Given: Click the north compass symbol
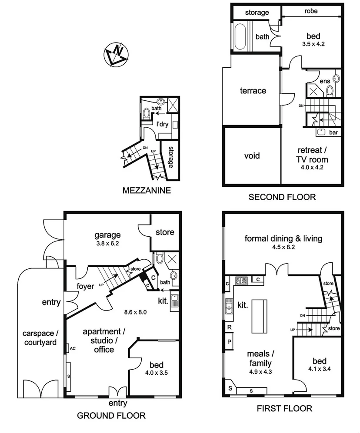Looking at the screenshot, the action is [x=115, y=54].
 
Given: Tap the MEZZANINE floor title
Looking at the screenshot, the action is [x=147, y=190].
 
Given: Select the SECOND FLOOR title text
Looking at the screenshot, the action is [x=282, y=197].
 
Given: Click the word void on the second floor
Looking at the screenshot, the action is [x=252, y=155].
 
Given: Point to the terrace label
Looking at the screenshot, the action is [x=253, y=91].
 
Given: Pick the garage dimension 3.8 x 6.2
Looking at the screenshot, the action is [x=107, y=244].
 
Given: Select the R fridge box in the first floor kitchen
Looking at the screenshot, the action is [x=229, y=327].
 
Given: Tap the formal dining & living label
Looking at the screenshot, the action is [x=283, y=238].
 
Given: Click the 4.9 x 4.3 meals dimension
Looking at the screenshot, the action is [x=260, y=372].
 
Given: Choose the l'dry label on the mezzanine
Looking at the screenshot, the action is [x=162, y=124].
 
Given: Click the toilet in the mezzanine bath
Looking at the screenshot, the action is [x=147, y=114].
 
